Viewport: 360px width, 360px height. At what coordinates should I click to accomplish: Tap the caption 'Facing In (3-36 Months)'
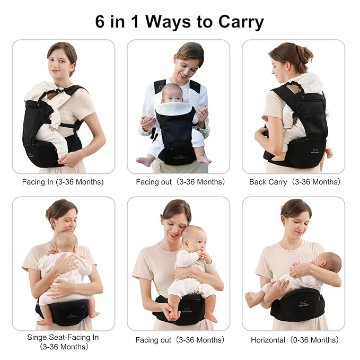(x=63, y=182)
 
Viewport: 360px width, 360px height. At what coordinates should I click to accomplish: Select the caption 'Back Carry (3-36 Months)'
(x=294, y=182)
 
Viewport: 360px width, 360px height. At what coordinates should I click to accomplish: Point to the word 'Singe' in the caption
(x=38, y=337)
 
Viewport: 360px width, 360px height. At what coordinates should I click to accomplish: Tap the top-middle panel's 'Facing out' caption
(x=153, y=182)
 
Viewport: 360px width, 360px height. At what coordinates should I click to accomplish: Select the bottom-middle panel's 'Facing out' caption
(x=153, y=340)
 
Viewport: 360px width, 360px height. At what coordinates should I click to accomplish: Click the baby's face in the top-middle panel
(x=173, y=93)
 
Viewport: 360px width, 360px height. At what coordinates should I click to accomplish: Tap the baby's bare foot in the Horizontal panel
(x=249, y=300)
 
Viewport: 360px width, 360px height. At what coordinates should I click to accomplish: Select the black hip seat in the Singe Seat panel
(x=63, y=310)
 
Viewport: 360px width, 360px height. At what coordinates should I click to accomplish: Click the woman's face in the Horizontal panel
(x=295, y=222)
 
